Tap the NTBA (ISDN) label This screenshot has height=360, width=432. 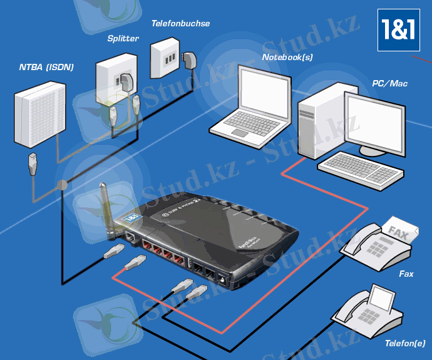tap(47, 67)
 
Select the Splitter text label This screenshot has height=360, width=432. tap(123, 39)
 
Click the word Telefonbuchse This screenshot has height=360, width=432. tap(180, 24)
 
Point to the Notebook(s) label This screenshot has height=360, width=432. tap(287, 57)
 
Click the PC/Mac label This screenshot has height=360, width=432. tap(389, 83)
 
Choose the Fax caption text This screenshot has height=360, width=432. tap(406, 274)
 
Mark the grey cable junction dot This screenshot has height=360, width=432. tap(61, 185)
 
